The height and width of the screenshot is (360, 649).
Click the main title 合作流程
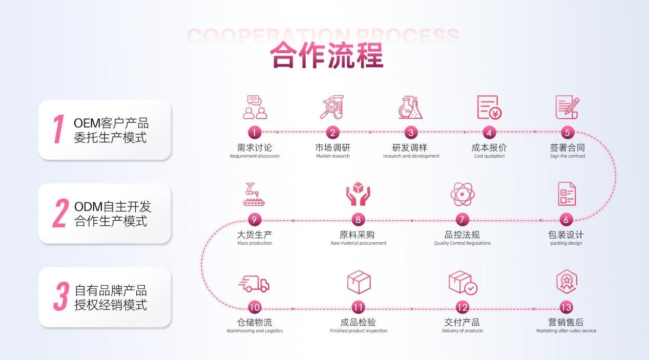pyautogui.click(x=327, y=55)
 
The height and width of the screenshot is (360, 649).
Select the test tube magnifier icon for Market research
pyautogui.click(x=332, y=108)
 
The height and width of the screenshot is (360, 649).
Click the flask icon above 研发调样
pyautogui.click(x=411, y=108)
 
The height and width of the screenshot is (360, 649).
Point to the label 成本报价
pyautogui.click(x=489, y=147)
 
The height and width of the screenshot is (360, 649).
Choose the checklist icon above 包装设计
pyautogui.click(x=566, y=194)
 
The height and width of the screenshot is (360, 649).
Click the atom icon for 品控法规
pyautogui.click(x=463, y=195)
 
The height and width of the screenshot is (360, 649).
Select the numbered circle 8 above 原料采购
pyautogui.click(x=358, y=220)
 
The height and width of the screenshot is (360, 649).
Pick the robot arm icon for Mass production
pyautogui.click(x=255, y=195)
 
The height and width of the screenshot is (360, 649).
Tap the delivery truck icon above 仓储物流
pyautogui.click(x=255, y=283)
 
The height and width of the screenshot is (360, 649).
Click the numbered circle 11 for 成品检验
pyautogui.click(x=359, y=307)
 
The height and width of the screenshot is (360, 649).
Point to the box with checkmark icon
pyautogui.click(x=463, y=283)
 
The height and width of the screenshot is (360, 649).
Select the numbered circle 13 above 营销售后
pyautogui.click(x=566, y=307)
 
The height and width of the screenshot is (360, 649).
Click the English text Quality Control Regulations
pyautogui.click(x=462, y=243)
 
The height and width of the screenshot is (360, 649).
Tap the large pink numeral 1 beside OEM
pyautogui.click(x=58, y=129)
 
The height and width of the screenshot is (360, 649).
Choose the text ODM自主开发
pyautogui.click(x=113, y=207)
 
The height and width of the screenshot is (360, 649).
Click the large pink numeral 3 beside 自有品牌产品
pyautogui.click(x=61, y=297)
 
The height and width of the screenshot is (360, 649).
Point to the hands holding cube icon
pyautogui.click(x=358, y=194)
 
